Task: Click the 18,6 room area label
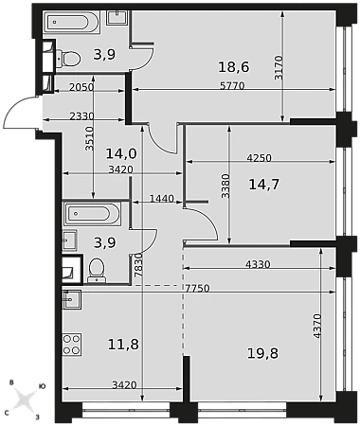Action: coord(234,67)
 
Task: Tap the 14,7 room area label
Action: coord(264,185)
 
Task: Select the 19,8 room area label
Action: coord(262,353)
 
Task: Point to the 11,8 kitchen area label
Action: coord(123,344)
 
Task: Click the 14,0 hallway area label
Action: coord(121,153)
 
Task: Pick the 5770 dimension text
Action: coord(232,85)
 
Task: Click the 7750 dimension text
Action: coord(197,289)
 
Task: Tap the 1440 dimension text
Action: coord(162,199)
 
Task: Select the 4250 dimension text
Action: coord(259,158)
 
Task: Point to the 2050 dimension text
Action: coord(81,87)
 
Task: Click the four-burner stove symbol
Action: coord(72,345)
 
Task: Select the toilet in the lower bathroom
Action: coord(97,271)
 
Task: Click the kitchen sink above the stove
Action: coord(72,299)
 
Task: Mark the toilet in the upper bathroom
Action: coord(68,58)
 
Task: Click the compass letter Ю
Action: coord(42,386)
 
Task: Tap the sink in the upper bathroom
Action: coord(117,17)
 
